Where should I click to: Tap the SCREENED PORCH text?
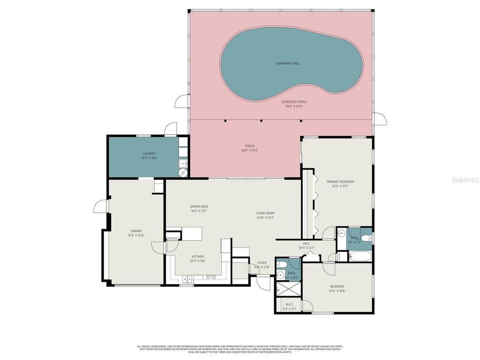click(294, 102)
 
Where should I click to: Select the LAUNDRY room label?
click(149, 154)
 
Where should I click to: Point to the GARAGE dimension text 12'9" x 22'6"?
click(136, 235)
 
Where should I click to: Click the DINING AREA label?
click(199, 206)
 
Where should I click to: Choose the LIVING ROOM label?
click(265, 213)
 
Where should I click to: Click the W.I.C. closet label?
click(290, 305)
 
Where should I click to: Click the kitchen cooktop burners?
click(211, 277)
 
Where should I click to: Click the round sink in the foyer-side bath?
click(280, 276)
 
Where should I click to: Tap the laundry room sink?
click(182, 163)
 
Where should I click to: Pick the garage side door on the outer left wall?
click(100, 206)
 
